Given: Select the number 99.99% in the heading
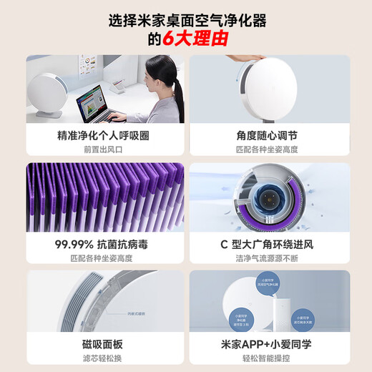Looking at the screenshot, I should coord(77,244).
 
